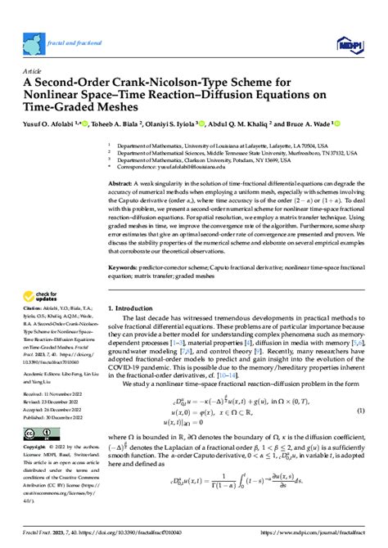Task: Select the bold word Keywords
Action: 124,267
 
